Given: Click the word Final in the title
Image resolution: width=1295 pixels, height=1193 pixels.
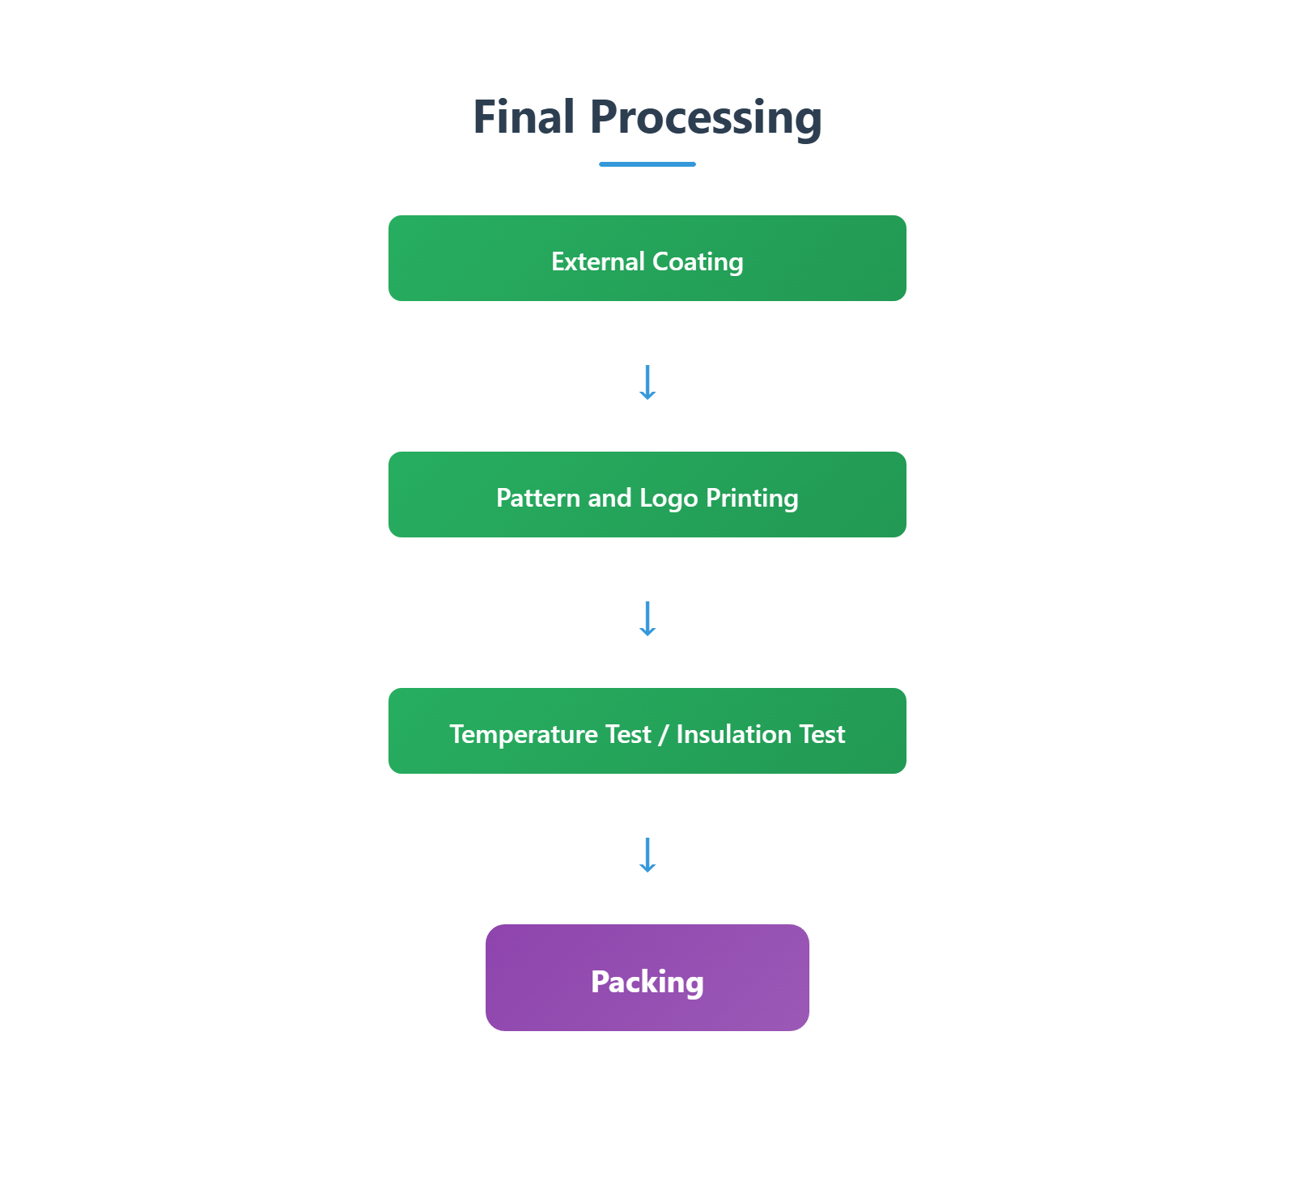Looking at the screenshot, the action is [524, 117].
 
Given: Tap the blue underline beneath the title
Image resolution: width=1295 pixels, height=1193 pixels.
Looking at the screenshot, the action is [647, 164].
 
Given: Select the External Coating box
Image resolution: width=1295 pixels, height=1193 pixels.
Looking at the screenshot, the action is [647, 258].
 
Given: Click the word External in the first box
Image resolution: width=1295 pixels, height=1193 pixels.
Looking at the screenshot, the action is [598, 261].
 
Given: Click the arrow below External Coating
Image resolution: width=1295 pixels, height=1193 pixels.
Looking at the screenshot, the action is [647, 382].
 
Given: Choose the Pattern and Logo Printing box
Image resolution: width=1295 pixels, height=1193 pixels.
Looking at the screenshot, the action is [647, 495].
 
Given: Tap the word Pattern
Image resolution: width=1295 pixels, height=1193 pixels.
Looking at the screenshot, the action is [538, 498].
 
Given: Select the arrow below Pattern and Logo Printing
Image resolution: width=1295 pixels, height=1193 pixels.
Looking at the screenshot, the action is [647, 618].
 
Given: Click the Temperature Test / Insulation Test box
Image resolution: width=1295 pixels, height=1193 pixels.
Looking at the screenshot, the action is [647, 731].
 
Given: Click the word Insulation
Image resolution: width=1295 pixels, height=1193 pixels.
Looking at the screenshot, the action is [734, 734].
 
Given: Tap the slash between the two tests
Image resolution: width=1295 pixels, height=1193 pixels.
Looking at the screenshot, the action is [664, 735].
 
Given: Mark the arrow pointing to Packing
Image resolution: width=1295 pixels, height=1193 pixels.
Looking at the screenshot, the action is [647, 855].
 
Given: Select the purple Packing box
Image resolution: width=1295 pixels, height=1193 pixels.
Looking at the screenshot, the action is [647, 978].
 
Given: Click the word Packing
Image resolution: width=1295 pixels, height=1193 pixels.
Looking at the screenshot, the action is [647, 983].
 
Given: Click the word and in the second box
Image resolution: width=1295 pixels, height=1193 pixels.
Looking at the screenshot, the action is [609, 498].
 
